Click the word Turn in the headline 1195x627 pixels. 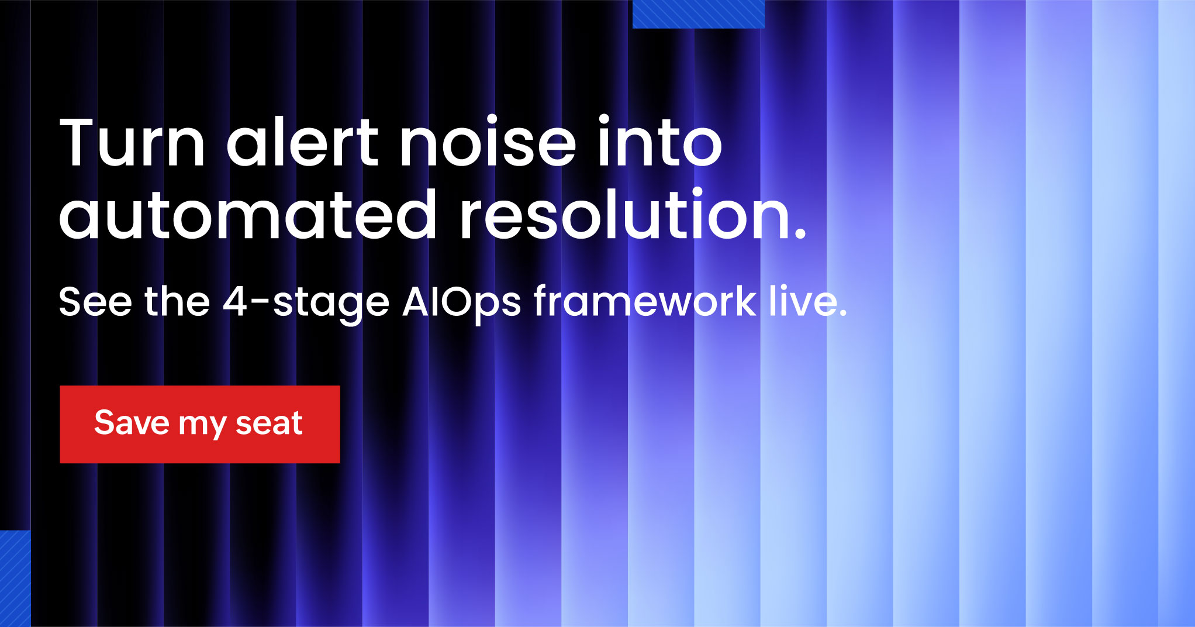(x=133, y=143)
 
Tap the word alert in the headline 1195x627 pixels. (x=303, y=142)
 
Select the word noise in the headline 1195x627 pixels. (x=488, y=142)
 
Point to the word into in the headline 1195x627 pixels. (x=659, y=142)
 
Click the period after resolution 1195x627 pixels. (x=800, y=233)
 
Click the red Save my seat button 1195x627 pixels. (x=200, y=424)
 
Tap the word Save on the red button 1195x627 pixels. (x=132, y=422)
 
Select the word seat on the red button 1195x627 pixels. (x=269, y=423)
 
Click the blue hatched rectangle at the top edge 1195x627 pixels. (x=699, y=14)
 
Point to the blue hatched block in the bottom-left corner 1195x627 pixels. (x=15, y=578)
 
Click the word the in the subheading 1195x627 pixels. (x=177, y=302)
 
